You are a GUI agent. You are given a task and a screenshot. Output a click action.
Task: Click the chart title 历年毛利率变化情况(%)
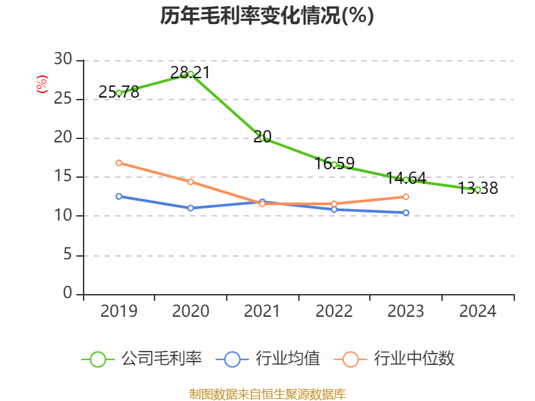tap(267, 15)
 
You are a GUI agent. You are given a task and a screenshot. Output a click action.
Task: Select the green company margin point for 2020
tap(191, 74)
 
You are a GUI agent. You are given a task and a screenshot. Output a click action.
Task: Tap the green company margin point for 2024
tap(477, 190)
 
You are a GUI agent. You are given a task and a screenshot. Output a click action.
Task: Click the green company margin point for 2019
tap(119, 93)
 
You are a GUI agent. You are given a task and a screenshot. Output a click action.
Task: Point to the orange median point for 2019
tap(119, 162)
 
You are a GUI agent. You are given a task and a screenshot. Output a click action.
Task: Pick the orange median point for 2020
tap(191, 182)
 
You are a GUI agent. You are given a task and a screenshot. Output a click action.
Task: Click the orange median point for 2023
tap(406, 196)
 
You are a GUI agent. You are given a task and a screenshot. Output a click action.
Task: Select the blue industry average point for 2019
tap(119, 196)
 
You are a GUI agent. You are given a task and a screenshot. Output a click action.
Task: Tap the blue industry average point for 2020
tap(191, 208)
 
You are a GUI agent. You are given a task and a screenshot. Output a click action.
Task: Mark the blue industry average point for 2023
tap(406, 213)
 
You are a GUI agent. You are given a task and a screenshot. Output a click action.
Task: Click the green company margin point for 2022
tap(334, 164)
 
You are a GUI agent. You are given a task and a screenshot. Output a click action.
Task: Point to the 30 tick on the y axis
tap(63, 60)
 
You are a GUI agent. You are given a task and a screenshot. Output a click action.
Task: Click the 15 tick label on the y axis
tap(63, 177)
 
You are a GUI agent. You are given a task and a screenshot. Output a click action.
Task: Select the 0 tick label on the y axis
tap(68, 293)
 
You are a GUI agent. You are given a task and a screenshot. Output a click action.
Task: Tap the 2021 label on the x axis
tap(262, 311)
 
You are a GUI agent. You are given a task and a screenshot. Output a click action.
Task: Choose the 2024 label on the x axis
tap(477, 311)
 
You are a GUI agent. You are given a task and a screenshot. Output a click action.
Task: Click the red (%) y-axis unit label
tap(42, 84)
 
